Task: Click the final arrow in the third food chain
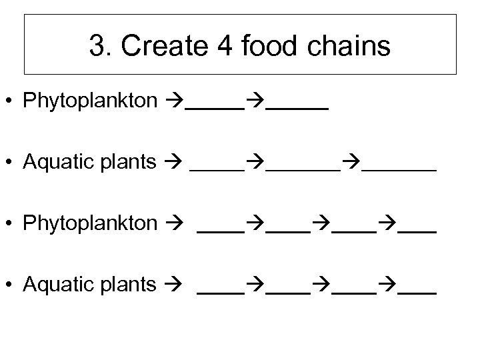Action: (387, 224)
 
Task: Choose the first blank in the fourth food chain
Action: (221, 291)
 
